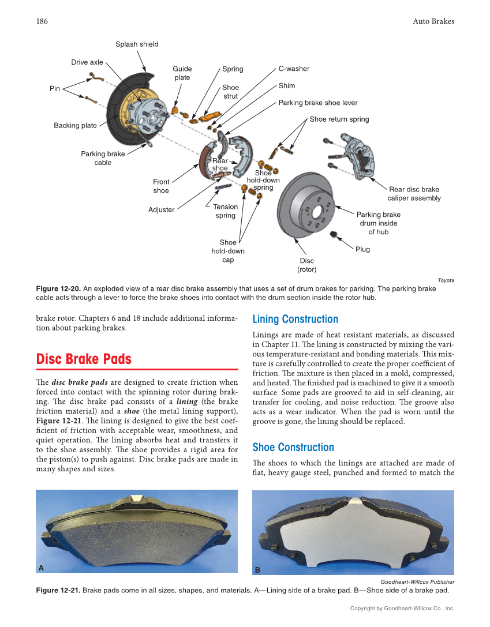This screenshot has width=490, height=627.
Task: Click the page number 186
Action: click(x=42, y=21)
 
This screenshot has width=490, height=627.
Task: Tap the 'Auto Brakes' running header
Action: click(x=433, y=21)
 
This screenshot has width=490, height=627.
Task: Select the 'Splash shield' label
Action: click(x=137, y=44)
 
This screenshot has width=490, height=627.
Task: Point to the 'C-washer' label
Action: click(x=294, y=69)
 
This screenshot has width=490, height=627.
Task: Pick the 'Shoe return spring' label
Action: click(x=339, y=119)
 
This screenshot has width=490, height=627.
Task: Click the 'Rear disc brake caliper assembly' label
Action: click(x=414, y=194)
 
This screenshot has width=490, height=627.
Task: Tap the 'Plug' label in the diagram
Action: click(x=362, y=250)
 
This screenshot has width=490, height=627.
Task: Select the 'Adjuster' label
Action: click(x=161, y=210)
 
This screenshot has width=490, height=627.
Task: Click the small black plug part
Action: click(x=333, y=234)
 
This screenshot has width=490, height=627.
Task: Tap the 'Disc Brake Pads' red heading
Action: click(x=84, y=359)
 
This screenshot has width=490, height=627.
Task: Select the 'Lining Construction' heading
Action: click(x=295, y=319)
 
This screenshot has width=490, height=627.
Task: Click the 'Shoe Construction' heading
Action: click(x=293, y=447)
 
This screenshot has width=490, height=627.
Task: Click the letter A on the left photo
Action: click(x=41, y=568)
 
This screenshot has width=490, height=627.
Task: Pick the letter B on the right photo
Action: click(x=257, y=570)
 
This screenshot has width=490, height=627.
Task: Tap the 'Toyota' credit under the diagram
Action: click(x=446, y=280)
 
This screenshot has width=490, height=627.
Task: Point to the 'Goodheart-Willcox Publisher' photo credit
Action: click(x=417, y=582)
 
